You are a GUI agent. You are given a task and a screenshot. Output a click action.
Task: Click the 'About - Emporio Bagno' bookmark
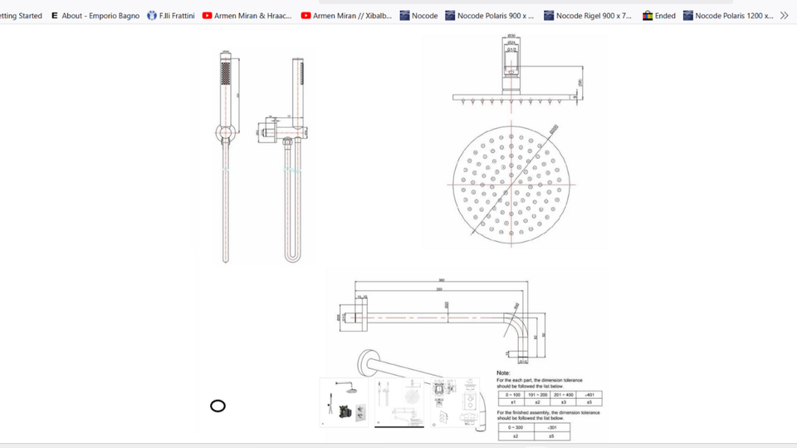95,16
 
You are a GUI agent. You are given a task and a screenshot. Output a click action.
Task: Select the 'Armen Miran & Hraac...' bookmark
247,16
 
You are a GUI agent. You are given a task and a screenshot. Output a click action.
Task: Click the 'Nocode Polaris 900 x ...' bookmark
489,16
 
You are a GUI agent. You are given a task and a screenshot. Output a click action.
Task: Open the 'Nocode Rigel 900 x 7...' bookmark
587,16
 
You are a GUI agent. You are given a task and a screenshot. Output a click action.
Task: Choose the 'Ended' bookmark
659,16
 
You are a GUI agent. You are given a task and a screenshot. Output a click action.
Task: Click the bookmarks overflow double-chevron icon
784,16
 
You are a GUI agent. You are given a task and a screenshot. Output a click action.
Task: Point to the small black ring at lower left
218,406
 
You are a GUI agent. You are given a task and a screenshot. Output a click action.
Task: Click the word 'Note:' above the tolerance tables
504,373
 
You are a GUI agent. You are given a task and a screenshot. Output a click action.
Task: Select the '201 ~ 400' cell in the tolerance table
563,394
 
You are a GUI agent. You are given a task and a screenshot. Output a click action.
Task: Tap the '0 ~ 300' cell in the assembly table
515,426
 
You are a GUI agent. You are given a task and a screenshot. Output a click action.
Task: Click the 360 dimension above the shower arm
443,280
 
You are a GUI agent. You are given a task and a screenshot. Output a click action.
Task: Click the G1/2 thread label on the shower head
511,50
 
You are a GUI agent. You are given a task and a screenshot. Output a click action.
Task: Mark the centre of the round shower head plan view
510,182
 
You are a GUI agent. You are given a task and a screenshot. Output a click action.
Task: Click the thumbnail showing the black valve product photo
345,403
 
